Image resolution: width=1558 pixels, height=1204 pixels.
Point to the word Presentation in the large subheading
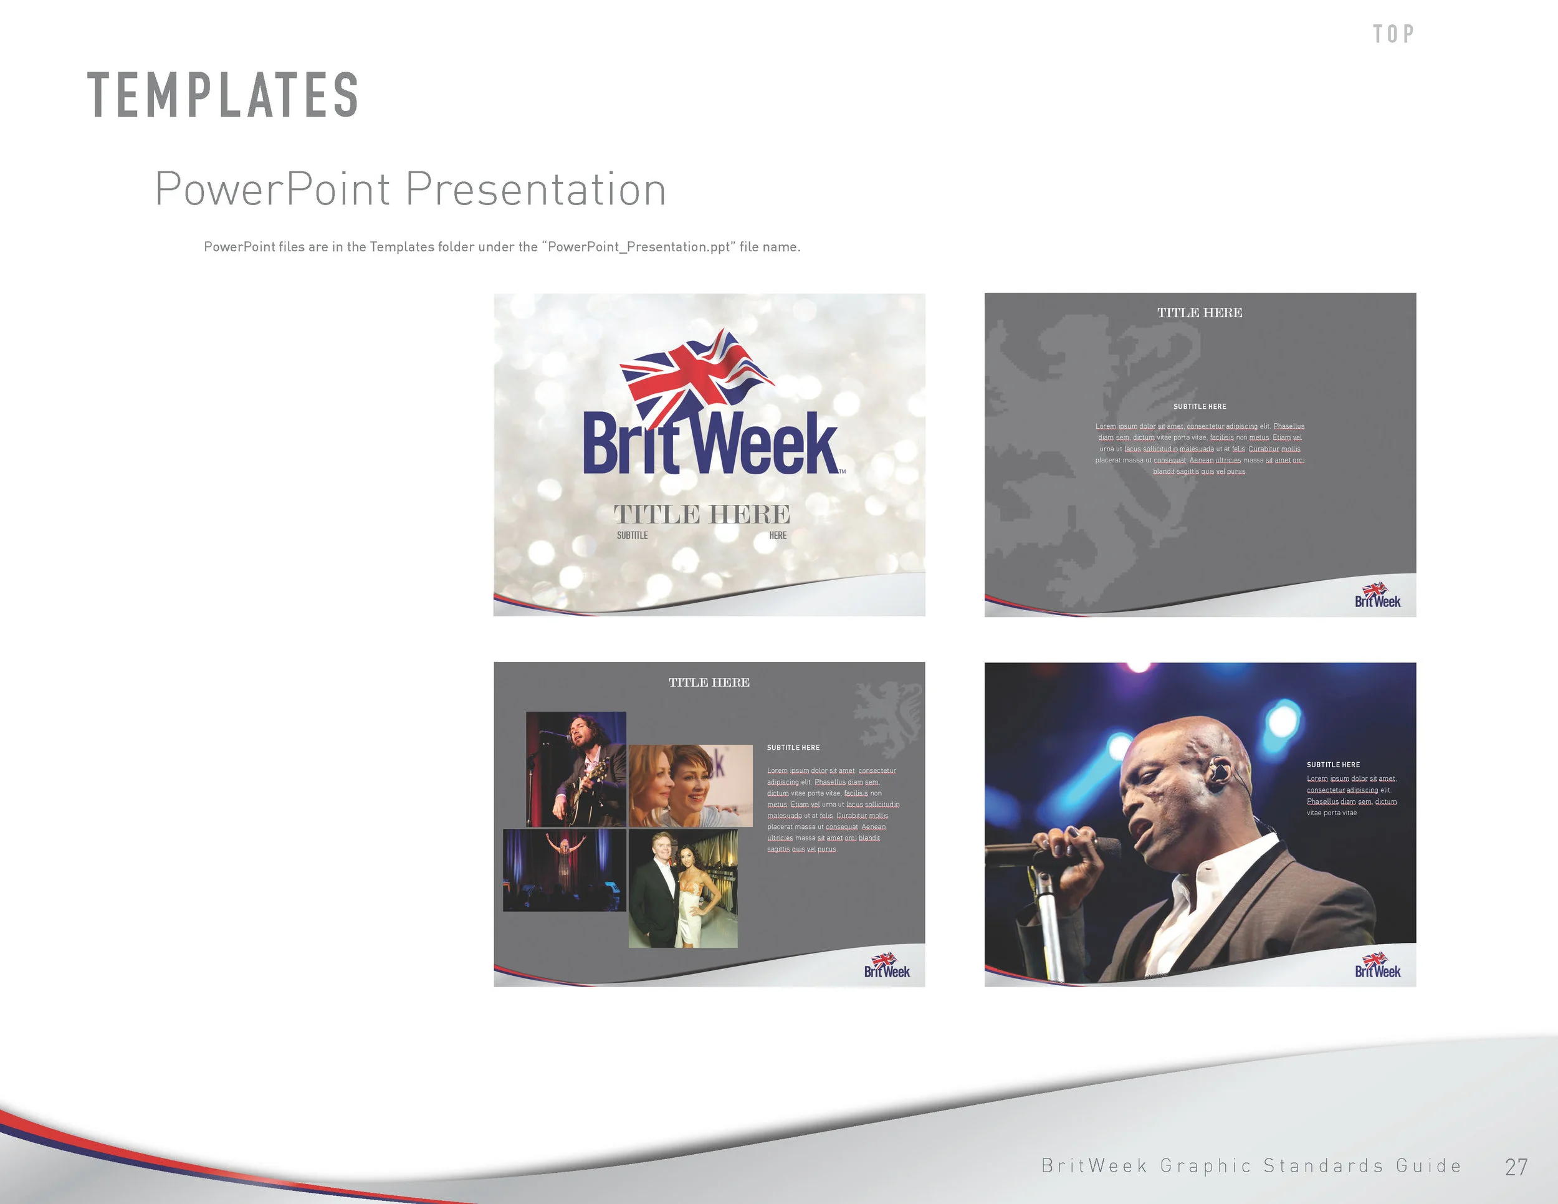point(536,189)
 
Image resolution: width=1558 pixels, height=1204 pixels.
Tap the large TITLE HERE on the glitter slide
point(702,514)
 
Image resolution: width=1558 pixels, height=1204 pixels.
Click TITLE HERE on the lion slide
point(1199,312)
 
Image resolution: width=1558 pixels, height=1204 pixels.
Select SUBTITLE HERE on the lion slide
point(1199,406)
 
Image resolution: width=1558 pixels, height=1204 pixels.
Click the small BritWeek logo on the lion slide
point(1377,596)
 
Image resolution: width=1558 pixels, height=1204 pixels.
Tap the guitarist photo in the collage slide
point(576,768)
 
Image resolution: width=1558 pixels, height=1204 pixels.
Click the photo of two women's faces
point(690,785)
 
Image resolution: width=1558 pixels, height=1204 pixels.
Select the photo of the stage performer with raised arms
point(564,869)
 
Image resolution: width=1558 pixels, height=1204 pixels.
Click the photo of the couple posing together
point(682,888)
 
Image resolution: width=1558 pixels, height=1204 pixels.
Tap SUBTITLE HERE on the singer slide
point(1332,765)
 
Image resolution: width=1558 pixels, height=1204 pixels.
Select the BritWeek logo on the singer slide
point(1377,966)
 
